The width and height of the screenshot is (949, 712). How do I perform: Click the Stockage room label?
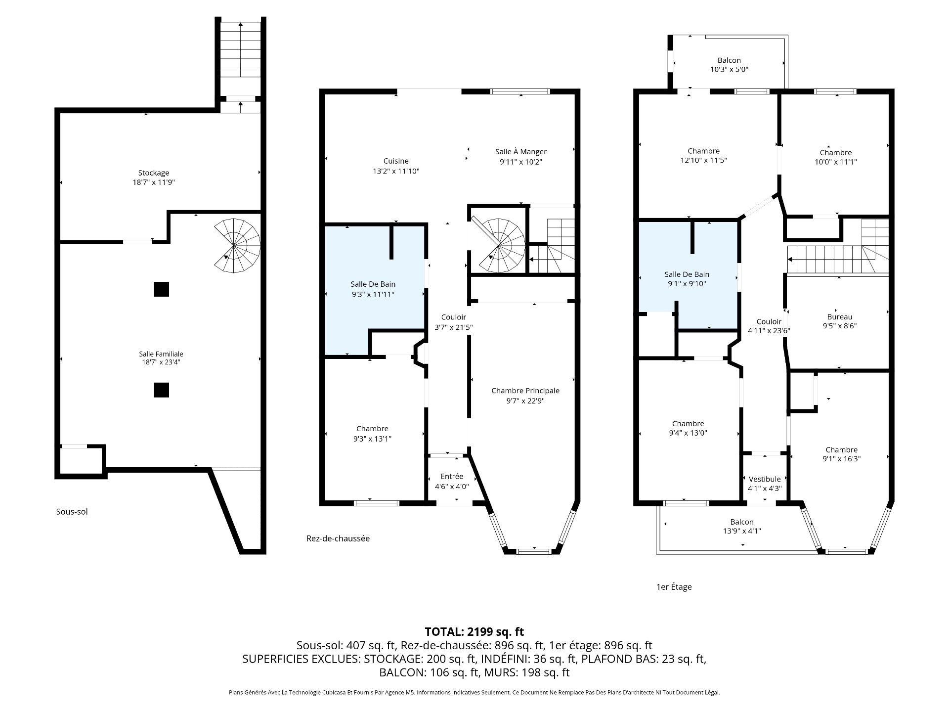(153, 173)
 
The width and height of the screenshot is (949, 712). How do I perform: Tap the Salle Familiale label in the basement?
(161, 354)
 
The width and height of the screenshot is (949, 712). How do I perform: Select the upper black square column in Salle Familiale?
(161, 289)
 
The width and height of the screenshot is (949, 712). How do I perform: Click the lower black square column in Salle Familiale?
(161, 390)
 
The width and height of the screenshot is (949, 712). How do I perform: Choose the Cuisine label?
(396, 161)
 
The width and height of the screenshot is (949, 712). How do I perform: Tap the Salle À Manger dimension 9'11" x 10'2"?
(521, 162)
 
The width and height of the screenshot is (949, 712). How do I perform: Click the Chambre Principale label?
(525, 391)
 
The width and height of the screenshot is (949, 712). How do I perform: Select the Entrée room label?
(452, 477)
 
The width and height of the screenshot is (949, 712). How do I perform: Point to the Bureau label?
(840, 317)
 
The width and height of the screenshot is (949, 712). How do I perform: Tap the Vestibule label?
(765, 479)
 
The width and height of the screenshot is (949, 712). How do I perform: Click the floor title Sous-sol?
(72, 512)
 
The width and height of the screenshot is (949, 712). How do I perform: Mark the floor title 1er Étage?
(674, 587)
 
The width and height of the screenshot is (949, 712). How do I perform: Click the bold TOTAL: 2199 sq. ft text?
(474, 632)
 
